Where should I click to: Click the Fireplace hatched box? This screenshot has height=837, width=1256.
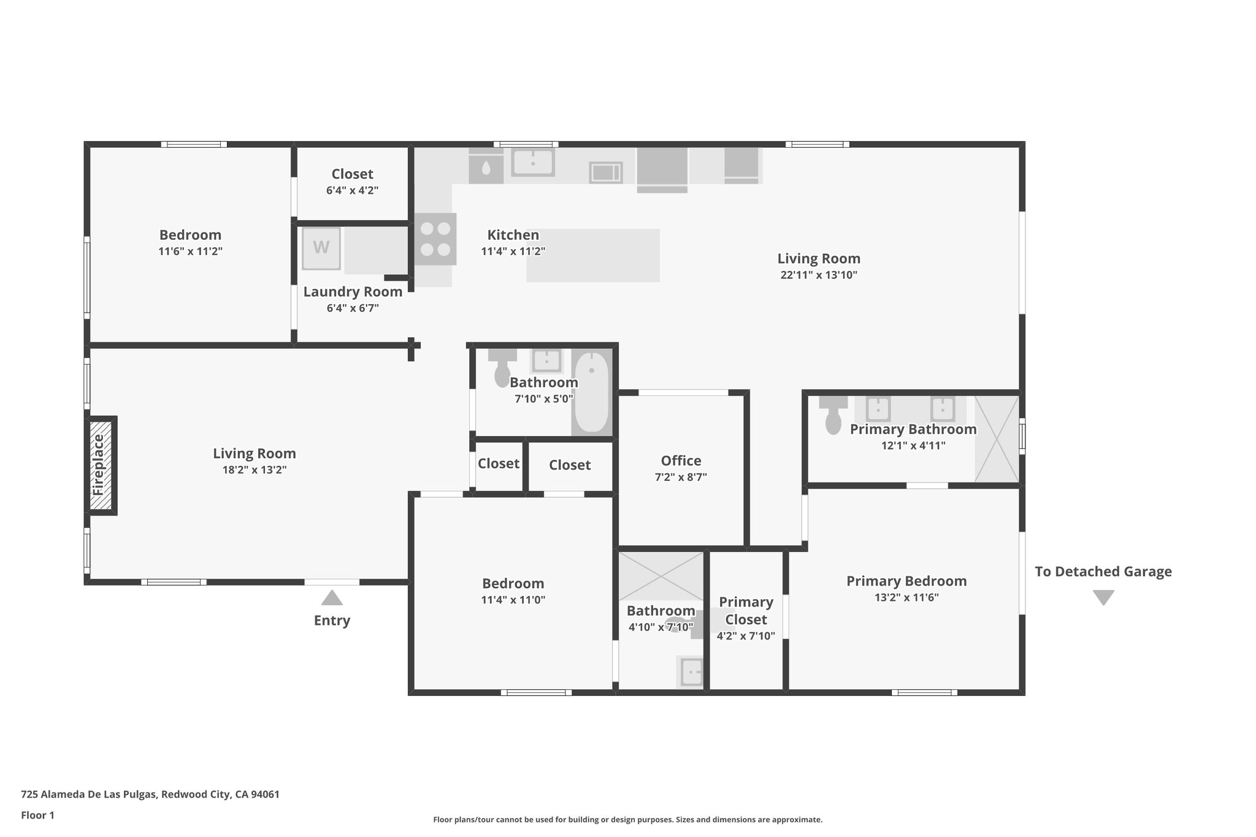pyautogui.click(x=101, y=465)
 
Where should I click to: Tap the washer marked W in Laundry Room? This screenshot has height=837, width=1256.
pyautogui.click(x=321, y=248)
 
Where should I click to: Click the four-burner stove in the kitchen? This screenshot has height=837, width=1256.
pyautogui.click(x=435, y=239)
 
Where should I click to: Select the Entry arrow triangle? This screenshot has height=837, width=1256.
pyautogui.click(x=332, y=598)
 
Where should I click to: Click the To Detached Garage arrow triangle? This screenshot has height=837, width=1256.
pyautogui.click(x=1103, y=598)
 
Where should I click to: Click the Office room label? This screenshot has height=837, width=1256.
pyautogui.click(x=681, y=461)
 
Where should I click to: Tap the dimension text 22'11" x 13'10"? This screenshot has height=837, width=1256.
pyautogui.click(x=819, y=275)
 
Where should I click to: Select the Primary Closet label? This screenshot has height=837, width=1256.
pyautogui.click(x=746, y=611)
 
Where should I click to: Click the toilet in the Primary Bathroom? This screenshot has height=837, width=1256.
pyautogui.click(x=833, y=416)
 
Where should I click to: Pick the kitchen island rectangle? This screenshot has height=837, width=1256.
pyautogui.click(x=593, y=255)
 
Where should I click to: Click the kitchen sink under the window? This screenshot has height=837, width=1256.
pyautogui.click(x=533, y=162)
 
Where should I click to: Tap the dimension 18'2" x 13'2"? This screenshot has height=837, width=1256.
pyautogui.click(x=255, y=470)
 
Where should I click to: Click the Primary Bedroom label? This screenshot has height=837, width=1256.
pyautogui.click(x=906, y=581)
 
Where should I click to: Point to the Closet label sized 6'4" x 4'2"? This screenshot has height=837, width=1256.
pyautogui.click(x=352, y=174)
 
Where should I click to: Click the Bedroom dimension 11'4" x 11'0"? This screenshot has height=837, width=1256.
pyautogui.click(x=513, y=600)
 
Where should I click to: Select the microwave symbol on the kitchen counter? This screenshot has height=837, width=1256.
pyautogui.click(x=606, y=172)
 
